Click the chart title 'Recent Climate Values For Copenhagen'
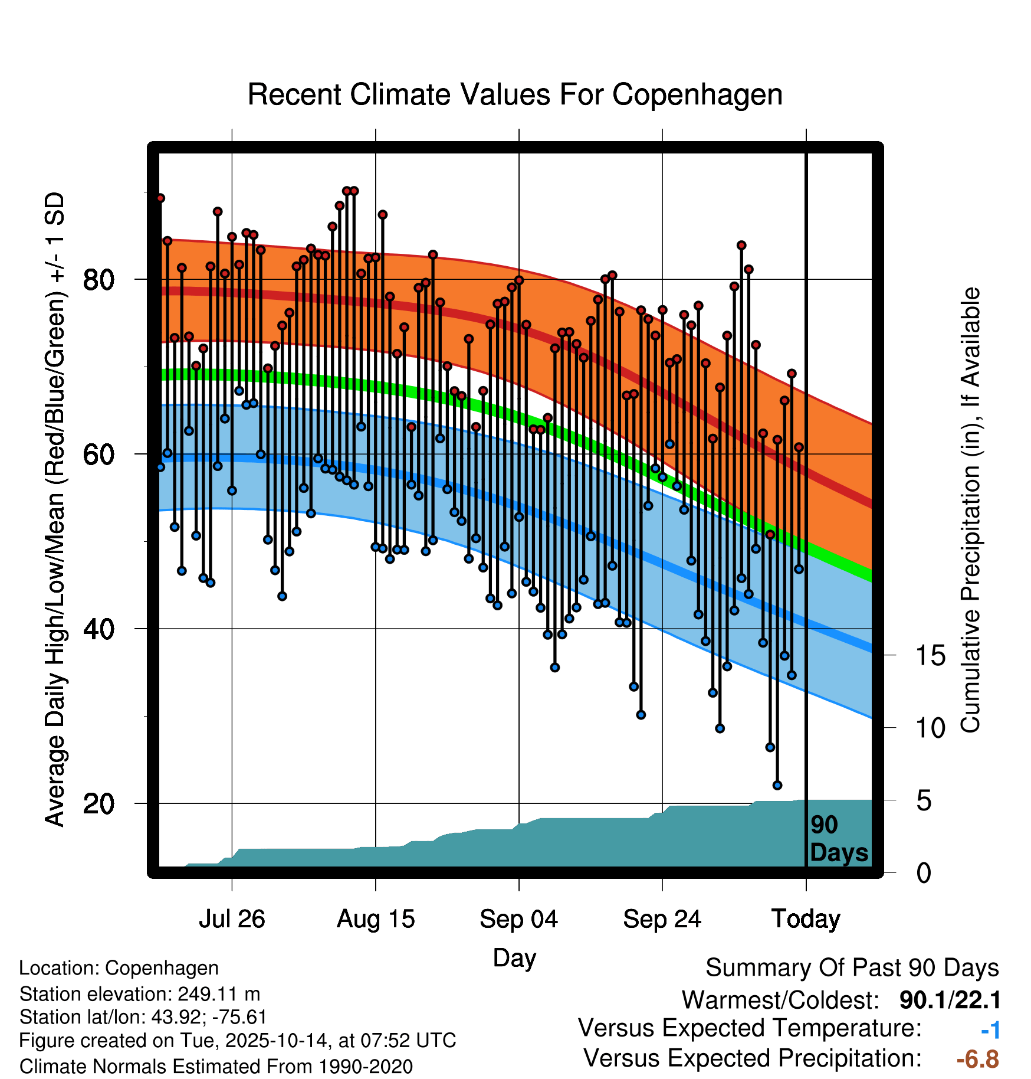click(515, 94)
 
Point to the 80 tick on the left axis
click(98, 279)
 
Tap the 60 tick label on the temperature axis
click(98, 455)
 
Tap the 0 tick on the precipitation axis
click(924, 873)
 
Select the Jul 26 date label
click(232, 919)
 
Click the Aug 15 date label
click(376, 919)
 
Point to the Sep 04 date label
click(519, 919)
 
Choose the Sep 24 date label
click(662, 919)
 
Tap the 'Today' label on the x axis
click(806, 919)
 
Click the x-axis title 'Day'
click(514, 957)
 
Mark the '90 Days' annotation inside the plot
click(838, 839)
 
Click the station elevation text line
click(140, 994)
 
